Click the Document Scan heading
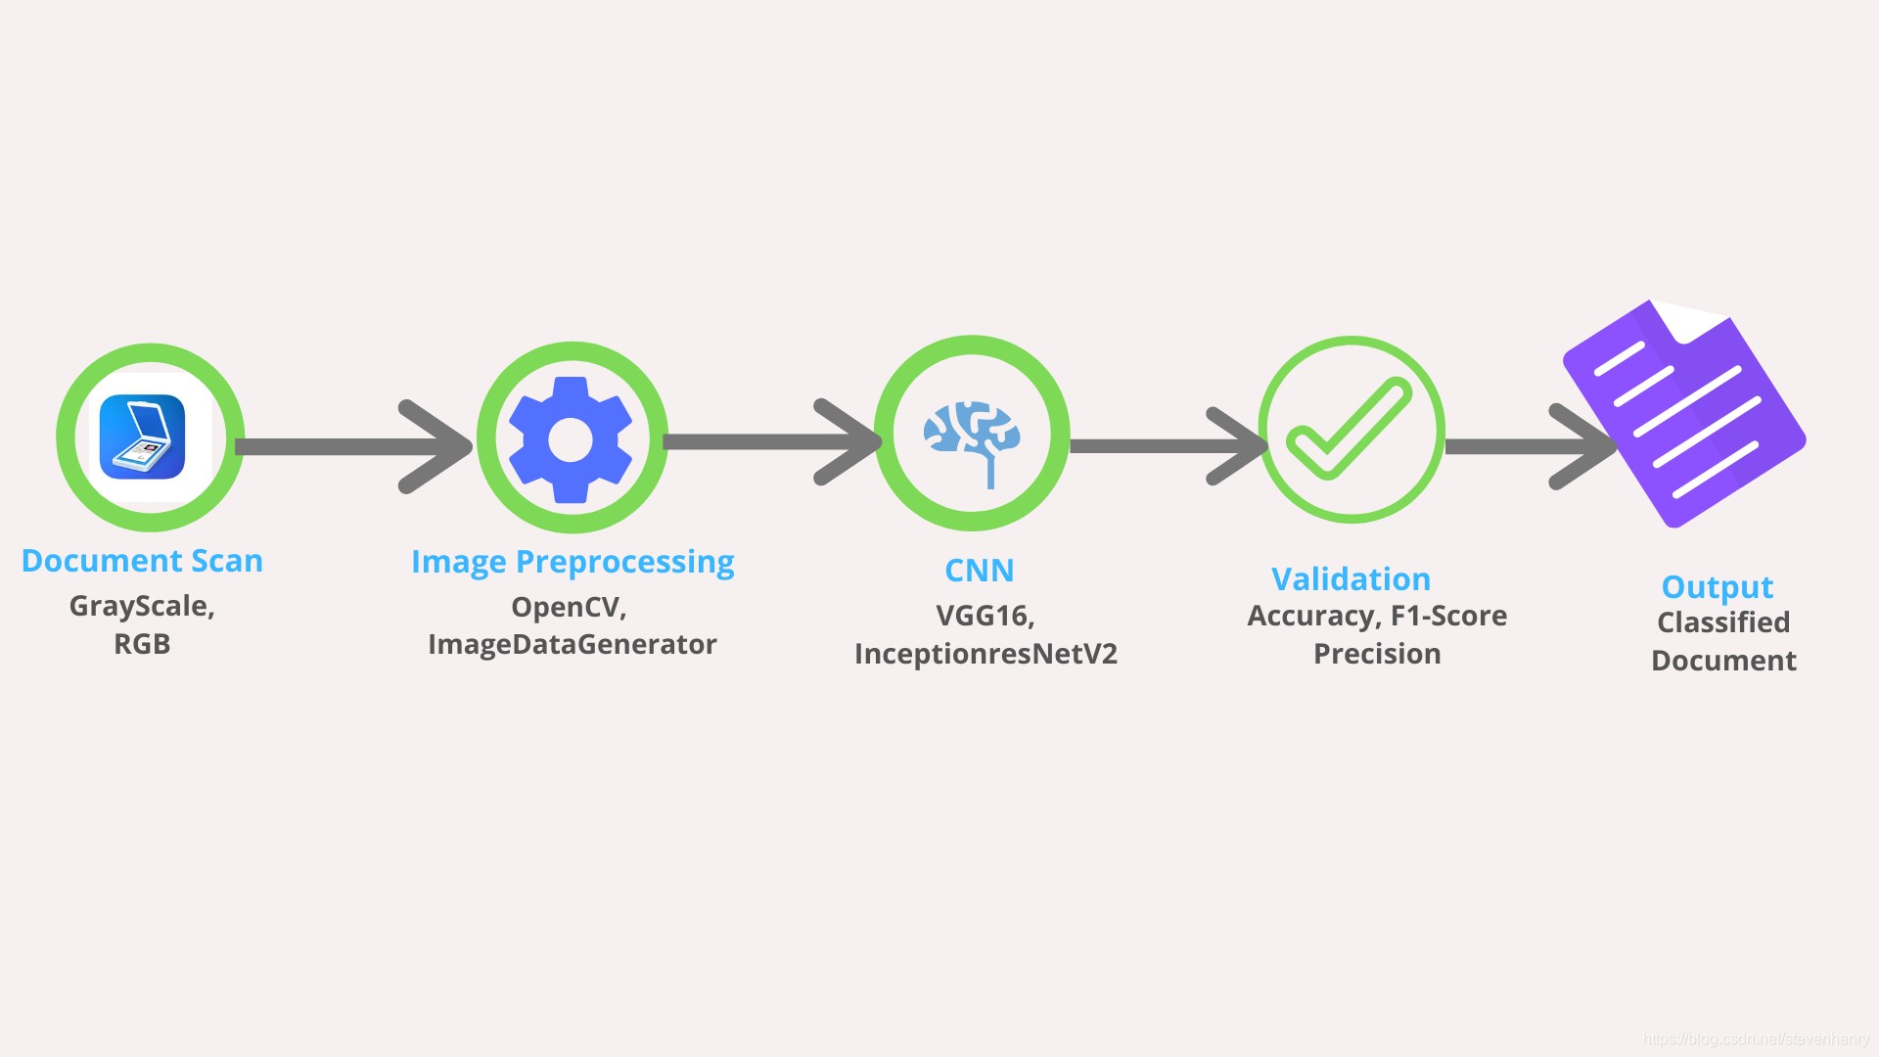point(142,561)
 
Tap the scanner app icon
point(143,437)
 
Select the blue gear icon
point(571,439)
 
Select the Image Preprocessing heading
point(573,562)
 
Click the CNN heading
point(979,571)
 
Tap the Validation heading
point(1351,579)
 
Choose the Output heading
point(1718,587)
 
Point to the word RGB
point(142,644)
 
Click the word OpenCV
point(567,607)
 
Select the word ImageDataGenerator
point(573,644)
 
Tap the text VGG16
point(983,616)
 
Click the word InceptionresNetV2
point(985,654)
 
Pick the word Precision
point(1377,654)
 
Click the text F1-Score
point(1448,616)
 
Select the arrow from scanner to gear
point(352,446)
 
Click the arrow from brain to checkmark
point(1165,446)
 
